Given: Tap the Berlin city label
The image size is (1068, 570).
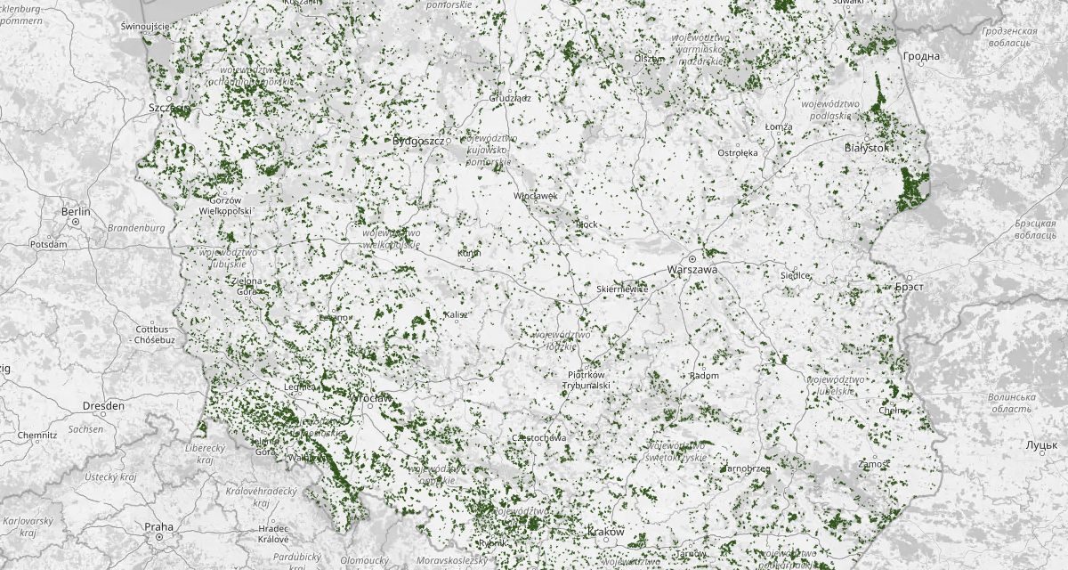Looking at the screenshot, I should click(77, 212).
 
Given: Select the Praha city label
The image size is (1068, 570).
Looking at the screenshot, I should click(158, 527).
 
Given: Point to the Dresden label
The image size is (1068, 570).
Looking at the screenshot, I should click(103, 405).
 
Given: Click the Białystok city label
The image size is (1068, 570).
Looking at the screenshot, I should click(866, 148).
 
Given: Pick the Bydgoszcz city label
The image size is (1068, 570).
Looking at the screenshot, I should click(417, 141).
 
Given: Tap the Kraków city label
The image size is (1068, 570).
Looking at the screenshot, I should click(606, 532).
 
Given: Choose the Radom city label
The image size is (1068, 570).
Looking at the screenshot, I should click(704, 376).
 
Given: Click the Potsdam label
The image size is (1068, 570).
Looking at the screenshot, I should click(48, 243).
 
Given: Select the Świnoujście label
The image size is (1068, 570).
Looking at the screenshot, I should click(144, 27).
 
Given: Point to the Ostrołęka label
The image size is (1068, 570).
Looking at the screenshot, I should click(738, 152).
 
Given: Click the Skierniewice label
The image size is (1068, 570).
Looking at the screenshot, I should click(622, 289).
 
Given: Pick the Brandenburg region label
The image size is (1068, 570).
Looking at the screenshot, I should click(136, 228).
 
